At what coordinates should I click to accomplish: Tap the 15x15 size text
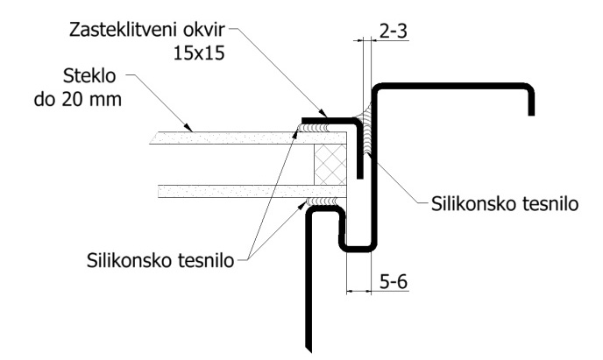199,53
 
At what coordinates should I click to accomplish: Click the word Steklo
89,75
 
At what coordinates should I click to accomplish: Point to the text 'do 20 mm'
78,99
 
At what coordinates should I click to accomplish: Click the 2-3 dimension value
393,32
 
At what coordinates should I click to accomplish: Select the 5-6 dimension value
394,282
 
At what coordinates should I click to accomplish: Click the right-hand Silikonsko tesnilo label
505,203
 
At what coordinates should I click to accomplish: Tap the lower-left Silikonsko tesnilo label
160,260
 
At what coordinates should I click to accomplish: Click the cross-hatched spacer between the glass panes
330,165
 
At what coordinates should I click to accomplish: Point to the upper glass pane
248,138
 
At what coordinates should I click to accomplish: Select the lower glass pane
252,191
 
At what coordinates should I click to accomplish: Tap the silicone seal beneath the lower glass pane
322,201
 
